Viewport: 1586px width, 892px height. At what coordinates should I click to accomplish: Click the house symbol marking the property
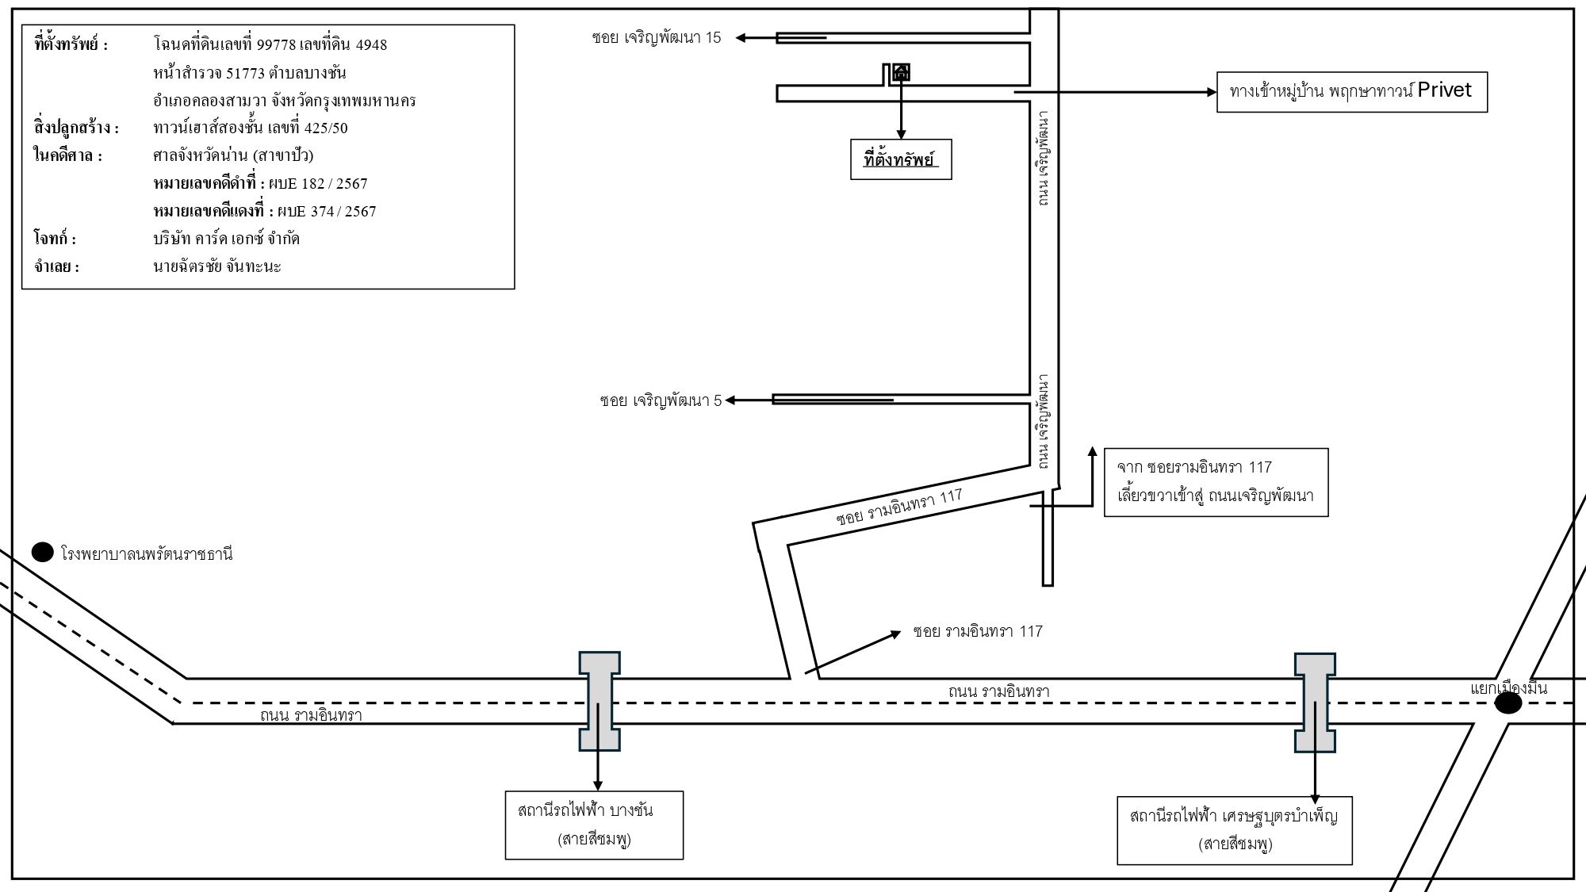(x=902, y=73)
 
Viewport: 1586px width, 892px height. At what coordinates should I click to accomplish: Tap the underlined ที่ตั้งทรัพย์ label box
(x=901, y=159)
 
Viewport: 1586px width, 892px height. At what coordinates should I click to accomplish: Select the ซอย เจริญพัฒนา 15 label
(x=657, y=37)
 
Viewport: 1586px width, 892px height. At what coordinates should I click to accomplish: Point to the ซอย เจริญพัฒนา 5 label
(x=661, y=400)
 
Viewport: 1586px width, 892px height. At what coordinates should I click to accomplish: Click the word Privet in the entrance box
(x=1444, y=90)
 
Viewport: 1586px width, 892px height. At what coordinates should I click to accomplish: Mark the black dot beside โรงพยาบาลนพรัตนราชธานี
(x=42, y=552)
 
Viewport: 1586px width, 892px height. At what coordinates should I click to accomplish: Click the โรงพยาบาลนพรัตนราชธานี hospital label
(x=147, y=553)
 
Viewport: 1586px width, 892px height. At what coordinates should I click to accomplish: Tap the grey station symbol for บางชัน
(x=600, y=701)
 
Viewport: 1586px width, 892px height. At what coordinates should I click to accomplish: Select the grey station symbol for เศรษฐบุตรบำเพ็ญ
(x=1315, y=702)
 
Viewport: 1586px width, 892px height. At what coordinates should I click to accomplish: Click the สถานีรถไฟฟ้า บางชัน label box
(x=594, y=825)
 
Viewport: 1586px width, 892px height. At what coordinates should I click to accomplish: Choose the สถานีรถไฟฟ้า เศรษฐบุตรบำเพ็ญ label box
(x=1235, y=830)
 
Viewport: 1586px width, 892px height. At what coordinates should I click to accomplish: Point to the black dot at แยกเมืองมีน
(x=1508, y=703)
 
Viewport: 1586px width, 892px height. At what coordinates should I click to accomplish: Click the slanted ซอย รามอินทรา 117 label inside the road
(x=899, y=507)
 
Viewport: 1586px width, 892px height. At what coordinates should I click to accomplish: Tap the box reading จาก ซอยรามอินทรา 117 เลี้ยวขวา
(x=1216, y=482)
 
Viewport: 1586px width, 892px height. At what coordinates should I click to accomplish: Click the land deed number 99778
(x=276, y=44)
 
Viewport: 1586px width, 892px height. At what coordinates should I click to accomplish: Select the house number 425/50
(x=326, y=128)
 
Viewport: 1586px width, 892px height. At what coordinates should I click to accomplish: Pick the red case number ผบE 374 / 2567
(x=327, y=211)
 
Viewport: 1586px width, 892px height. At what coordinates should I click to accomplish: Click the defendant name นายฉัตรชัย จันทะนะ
(x=217, y=266)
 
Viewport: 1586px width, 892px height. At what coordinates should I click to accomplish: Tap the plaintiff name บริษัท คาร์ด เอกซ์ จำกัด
(x=226, y=238)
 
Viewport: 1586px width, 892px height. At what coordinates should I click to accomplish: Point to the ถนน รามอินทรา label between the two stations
(x=998, y=691)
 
